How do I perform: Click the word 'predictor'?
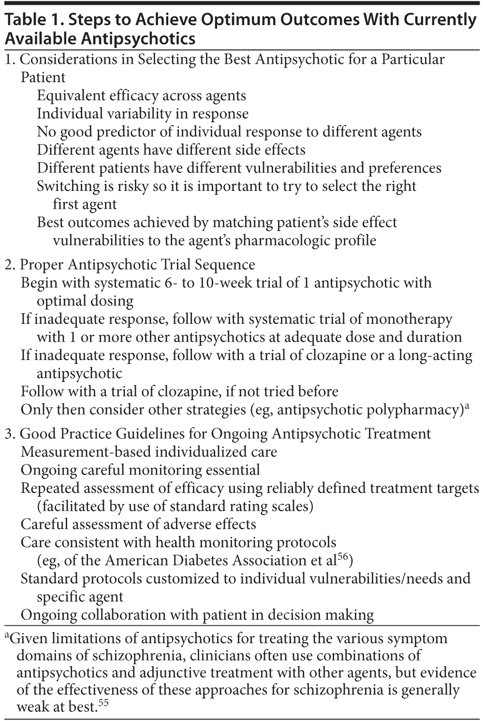(x=135, y=132)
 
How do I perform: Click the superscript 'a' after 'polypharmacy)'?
(x=467, y=406)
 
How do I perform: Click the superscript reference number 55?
(x=103, y=704)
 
